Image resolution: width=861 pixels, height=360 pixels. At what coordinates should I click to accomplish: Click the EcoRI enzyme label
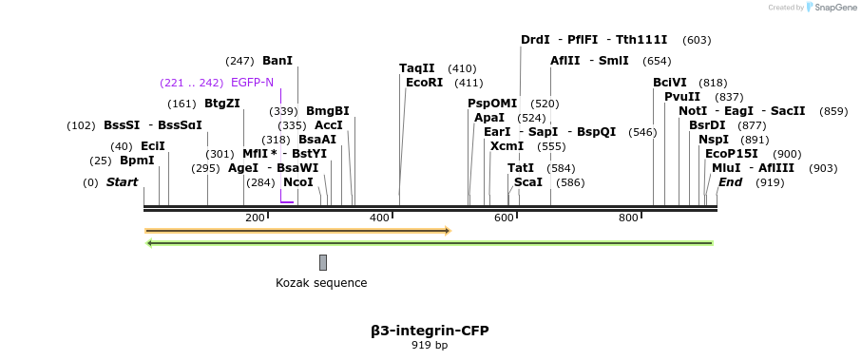click(424, 83)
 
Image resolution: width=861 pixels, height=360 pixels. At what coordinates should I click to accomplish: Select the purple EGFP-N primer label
click(252, 83)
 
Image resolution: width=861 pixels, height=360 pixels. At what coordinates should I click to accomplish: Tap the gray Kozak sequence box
click(323, 262)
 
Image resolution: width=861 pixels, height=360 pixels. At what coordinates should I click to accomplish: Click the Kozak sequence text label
click(321, 283)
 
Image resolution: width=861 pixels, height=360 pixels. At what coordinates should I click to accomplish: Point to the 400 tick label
click(379, 218)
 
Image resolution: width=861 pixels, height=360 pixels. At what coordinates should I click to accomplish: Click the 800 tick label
click(628, 218)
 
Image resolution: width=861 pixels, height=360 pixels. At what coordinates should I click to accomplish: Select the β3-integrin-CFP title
click(430, 331)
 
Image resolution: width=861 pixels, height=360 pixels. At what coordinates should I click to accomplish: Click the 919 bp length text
click(430, 345)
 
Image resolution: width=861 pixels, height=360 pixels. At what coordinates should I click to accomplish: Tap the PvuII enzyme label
click(682, 97)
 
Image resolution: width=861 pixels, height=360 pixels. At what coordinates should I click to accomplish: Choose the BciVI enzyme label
click(670, 83)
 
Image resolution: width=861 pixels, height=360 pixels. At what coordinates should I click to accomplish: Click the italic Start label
click(122, 182)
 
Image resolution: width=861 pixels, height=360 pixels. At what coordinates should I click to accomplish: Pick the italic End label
click(730, 182)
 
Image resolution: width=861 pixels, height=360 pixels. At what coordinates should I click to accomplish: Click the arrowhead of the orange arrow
click(448, 231)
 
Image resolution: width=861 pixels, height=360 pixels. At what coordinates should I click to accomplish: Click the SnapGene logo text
click(835, 8)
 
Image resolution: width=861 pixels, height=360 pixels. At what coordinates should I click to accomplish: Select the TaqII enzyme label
click(417, 68)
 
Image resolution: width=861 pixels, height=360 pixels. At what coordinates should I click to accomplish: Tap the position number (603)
click(697, 40)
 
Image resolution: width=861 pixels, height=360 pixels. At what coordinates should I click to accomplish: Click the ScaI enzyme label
click(528, 182)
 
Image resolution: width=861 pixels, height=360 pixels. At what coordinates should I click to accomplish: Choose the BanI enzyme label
click(277, 61)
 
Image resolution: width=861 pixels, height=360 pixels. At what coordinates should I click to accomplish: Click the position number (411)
click(469, 84)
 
